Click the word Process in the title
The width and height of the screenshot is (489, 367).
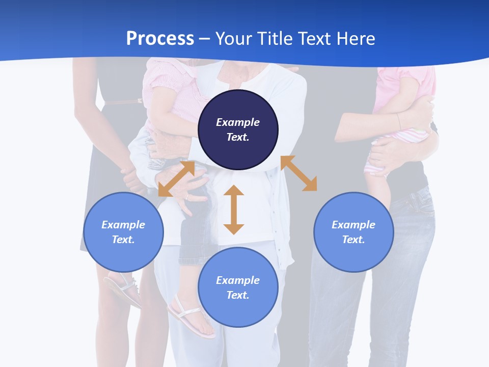(x=160, y=39)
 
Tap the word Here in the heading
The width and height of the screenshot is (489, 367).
(x=355, y=39)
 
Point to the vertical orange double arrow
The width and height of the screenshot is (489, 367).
(x=234, y=209)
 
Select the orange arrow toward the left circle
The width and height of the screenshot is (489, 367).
(x=176, y=178)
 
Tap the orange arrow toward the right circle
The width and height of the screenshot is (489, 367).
(x=298, y=173)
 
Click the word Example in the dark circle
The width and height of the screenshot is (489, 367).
(x=238, y=122)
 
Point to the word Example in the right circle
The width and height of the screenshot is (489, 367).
(x=354, y=225)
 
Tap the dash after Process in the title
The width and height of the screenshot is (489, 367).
(x=205, y=39)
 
